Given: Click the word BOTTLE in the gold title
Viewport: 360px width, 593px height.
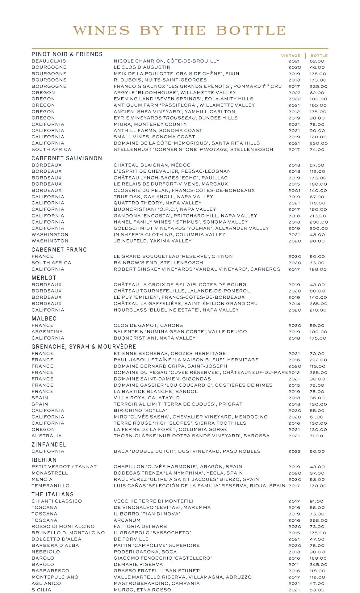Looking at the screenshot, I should pos(251,31).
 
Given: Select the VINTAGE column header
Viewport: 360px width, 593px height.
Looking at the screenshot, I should pos(290,56).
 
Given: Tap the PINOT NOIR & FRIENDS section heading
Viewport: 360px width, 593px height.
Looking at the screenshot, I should pos(67,54).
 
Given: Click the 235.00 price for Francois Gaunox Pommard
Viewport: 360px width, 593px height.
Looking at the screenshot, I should pos(318,86).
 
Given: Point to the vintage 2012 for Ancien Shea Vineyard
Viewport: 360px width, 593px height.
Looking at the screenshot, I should pos(294,112).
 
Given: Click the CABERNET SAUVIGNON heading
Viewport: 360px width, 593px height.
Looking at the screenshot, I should pos(67,158).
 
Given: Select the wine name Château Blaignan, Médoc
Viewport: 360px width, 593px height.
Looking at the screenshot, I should pos(152,165).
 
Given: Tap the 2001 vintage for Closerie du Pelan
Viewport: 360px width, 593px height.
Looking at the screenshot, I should pos(294,191).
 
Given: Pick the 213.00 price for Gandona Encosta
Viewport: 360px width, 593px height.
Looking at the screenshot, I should pos(318,216).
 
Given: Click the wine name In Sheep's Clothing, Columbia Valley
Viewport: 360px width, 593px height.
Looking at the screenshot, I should pos(170,234).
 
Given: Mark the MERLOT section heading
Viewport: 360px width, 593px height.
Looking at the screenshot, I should pos(44,278).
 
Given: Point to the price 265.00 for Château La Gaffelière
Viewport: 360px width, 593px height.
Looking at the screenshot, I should pos(318,304).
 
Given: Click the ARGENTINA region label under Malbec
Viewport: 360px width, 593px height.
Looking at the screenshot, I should pos(47,332).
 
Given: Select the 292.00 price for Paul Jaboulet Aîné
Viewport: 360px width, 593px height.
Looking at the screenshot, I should pos(318,360).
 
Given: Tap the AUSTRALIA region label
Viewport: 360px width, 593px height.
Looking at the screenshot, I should pos(47,436).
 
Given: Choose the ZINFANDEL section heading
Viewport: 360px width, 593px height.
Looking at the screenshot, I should pos(49,445).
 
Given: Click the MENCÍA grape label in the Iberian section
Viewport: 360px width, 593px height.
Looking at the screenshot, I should pos(42,479).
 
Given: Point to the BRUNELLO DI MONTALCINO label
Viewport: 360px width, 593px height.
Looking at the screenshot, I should pos(68,533).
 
